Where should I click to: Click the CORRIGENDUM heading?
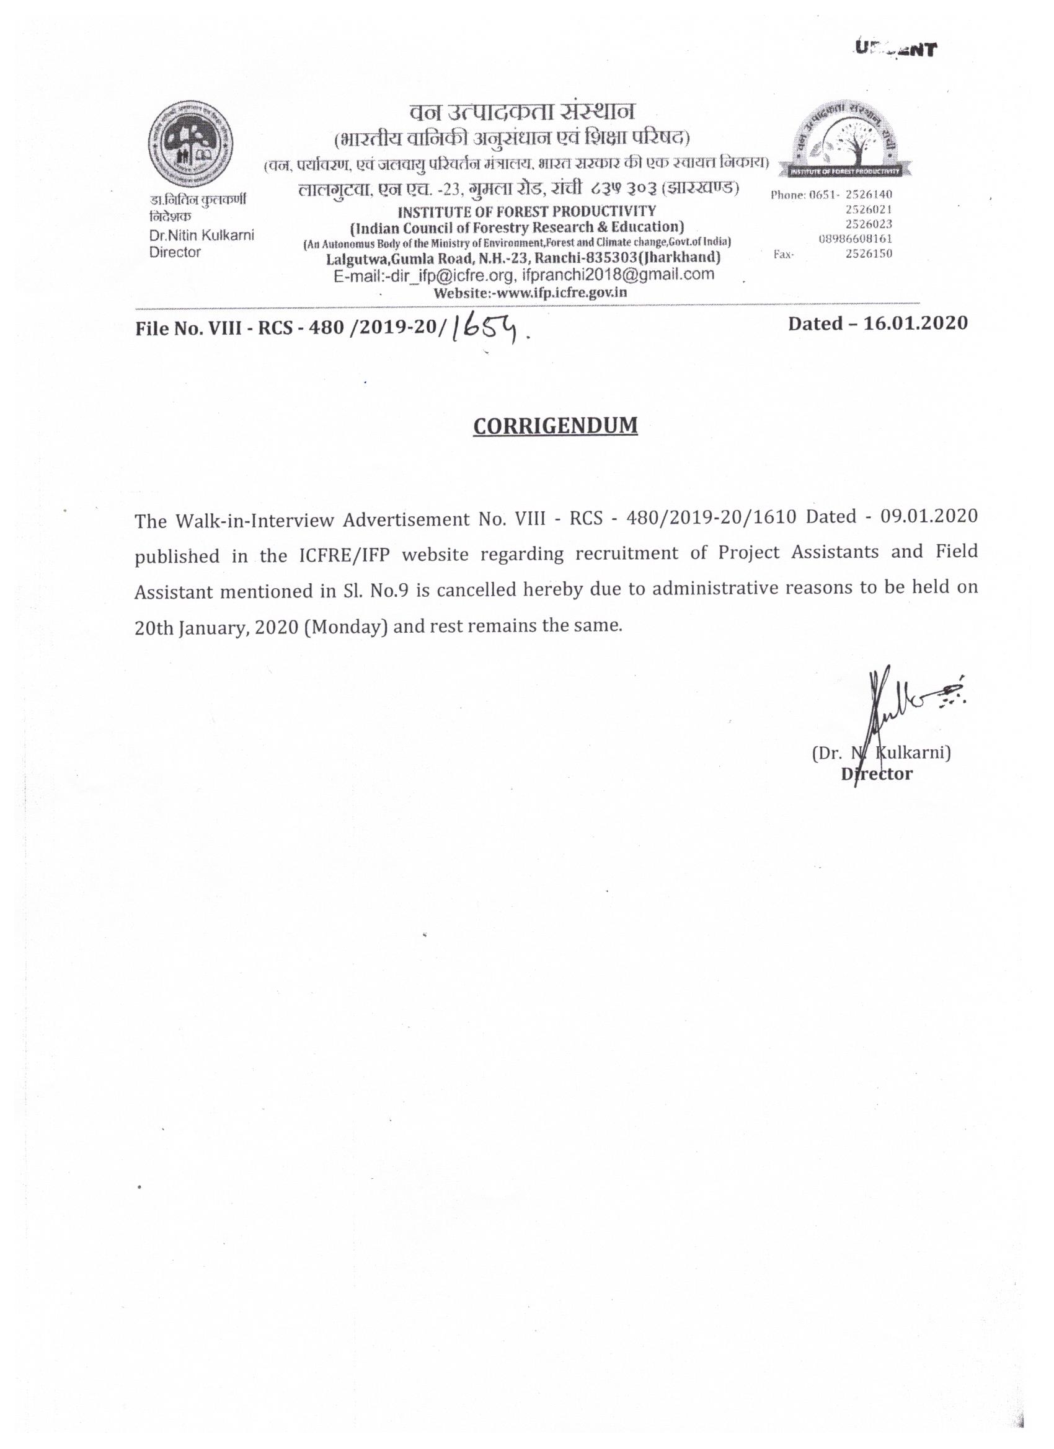(555, 426)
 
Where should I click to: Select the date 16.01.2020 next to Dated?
(915, 324)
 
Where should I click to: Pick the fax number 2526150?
(869, 253)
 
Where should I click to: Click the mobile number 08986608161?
(855, 239)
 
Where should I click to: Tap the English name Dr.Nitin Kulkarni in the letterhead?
(201, 236)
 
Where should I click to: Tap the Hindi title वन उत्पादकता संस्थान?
(522, 112)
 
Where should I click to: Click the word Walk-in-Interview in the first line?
(254, 520)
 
